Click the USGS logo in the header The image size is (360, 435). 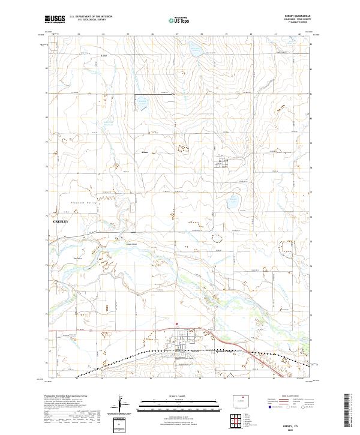pos(55,19)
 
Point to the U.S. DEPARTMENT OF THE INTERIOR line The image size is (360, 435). pos(91,17)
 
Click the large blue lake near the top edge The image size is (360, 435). pos(196,49)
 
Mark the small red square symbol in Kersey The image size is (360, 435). pos(177,323)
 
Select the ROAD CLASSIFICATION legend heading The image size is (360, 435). pos(287,397)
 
